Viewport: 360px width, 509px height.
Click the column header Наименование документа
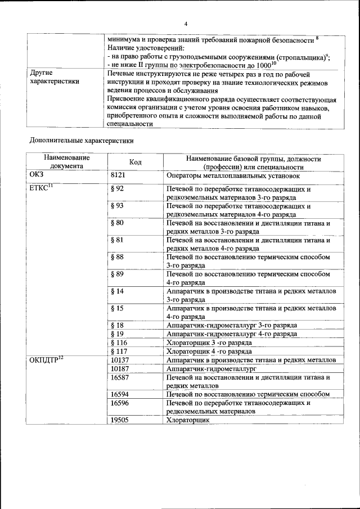[69, 163]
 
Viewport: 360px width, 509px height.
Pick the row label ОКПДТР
[46, 360]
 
